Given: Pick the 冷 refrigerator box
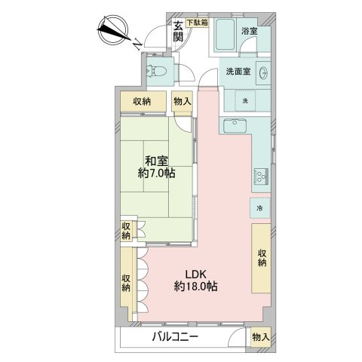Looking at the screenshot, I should click(x=259, y=207).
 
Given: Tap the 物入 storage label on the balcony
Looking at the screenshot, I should click(x=259, y=338).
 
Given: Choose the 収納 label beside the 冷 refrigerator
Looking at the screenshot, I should click(x=262, y=258).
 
